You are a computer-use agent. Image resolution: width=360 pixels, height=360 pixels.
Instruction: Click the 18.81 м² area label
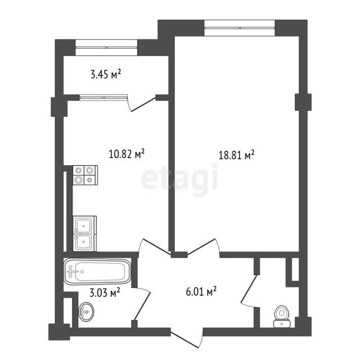point(236,155)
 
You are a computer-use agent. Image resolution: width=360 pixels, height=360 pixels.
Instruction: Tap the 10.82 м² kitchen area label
point(127,154)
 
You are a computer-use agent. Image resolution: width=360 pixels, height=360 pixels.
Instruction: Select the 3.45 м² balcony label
point(106,74)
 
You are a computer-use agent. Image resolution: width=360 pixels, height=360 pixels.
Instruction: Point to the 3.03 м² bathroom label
point(105,293)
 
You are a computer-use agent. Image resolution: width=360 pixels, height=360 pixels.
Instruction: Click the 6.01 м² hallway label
point(201,291)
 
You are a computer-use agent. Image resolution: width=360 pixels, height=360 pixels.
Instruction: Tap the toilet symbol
point(282,316)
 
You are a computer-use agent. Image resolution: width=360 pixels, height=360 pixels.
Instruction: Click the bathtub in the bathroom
point(97,272)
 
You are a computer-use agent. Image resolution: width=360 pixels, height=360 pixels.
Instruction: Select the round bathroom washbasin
point(86,312)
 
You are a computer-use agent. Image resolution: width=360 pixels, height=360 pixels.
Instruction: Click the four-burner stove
point(85,175)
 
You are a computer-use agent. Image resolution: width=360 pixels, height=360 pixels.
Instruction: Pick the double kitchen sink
point(85,233)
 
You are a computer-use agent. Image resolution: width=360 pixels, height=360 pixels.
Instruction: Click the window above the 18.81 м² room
point(240,28)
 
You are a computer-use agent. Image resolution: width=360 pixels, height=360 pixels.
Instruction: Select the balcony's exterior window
point(106,47)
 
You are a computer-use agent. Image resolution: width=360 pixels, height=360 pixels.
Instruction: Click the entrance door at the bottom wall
point(187,337)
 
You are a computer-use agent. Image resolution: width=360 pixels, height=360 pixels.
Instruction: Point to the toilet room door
point(249,291)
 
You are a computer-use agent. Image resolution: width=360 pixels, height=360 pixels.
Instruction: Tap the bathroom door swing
point(141,304)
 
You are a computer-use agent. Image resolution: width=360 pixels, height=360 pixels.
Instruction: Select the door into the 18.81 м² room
point(203,247)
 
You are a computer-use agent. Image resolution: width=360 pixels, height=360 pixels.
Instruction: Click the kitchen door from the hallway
point(154,246)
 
